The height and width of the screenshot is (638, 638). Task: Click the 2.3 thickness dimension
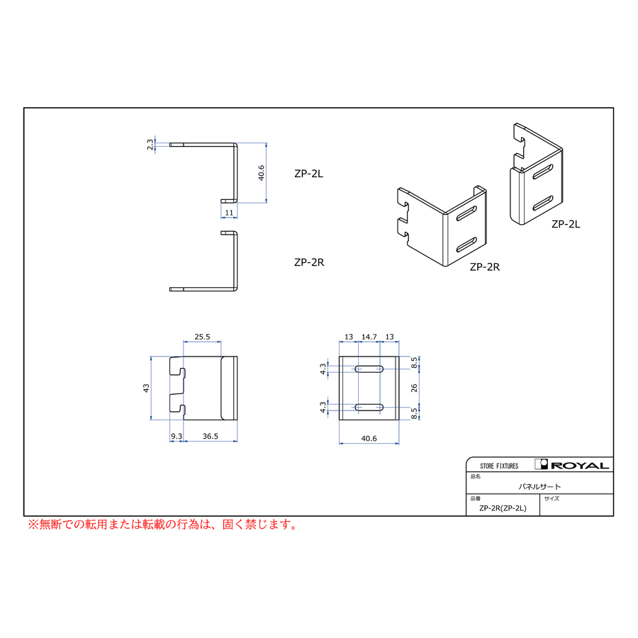[150, 145]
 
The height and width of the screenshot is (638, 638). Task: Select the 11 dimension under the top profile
[229, 213]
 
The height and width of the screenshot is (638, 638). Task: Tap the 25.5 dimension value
[202, 337]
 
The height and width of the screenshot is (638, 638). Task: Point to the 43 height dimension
[146, 388]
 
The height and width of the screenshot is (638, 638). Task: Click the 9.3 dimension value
[177, 436]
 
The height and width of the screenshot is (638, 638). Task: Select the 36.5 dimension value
[211, 436]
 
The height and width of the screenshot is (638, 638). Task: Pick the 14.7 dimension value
[369, 337]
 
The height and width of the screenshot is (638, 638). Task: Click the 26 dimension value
[414, 388]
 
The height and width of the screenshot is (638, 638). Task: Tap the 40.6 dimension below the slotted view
[369, 438]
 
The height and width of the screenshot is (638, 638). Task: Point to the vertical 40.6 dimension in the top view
[261, 172]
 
